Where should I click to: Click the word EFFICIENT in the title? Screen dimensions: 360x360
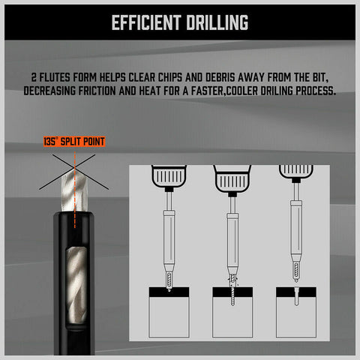(x=146, y=22)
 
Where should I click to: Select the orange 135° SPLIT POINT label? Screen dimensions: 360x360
(x=73, y=141)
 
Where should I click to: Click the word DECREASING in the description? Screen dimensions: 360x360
(x=54, y=91)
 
